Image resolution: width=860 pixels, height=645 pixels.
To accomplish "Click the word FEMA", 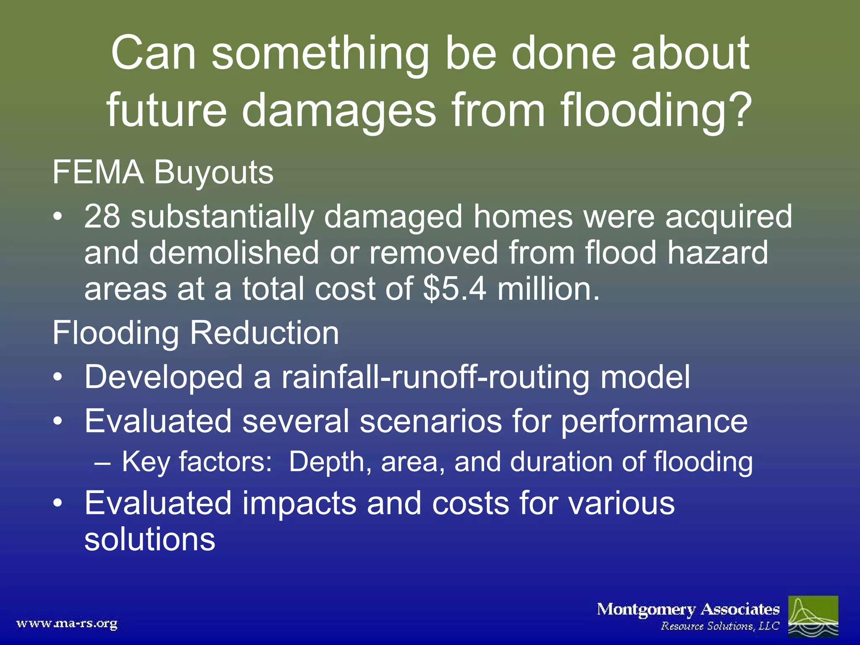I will coord(98,172).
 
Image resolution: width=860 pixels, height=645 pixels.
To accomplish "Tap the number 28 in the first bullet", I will coord(102,217).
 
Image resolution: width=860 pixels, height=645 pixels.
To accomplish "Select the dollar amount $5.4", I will coord(455,289).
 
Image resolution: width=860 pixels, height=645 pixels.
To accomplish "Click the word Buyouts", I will coord(214,173).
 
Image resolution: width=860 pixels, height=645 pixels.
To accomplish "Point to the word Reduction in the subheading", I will coord(264,333).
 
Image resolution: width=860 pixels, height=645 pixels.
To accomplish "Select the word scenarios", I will coord(430,421).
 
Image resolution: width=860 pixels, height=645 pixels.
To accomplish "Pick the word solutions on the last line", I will coord(149,539).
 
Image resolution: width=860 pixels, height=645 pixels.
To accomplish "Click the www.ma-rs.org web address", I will coord(67,623).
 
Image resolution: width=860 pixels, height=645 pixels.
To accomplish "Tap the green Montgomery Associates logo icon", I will coord(813,616).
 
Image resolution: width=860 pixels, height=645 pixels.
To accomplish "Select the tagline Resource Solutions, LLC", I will coord(720,626).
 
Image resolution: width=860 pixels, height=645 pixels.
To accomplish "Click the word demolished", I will coord(234,253).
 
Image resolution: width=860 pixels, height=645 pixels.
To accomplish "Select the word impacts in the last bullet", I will coord(299,503).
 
